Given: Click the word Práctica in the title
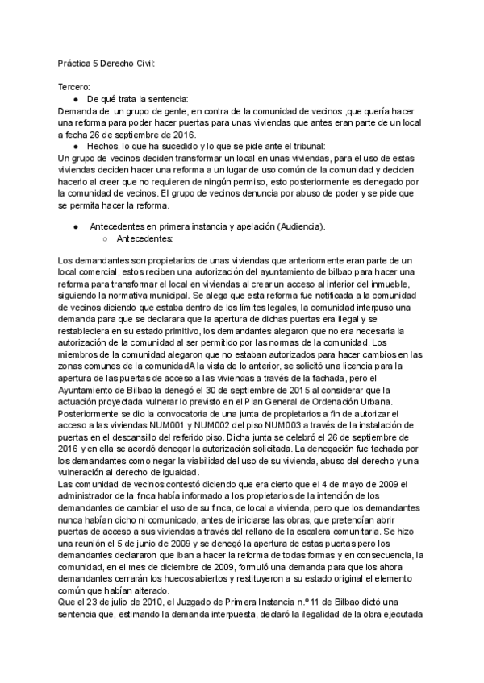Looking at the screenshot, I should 75,63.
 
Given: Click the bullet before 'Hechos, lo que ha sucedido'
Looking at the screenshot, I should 75,146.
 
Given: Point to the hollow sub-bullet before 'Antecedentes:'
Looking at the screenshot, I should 106,239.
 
